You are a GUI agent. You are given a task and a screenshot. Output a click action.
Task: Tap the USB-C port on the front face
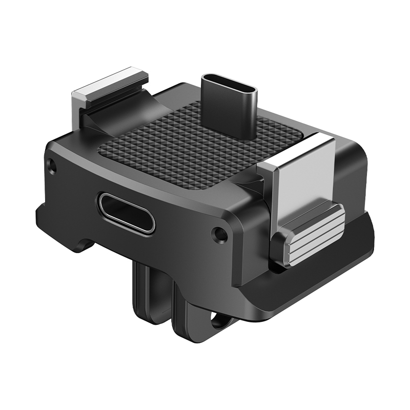[x=127, y=213]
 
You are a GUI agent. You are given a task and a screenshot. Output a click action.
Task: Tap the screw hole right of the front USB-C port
[x=219, y=235]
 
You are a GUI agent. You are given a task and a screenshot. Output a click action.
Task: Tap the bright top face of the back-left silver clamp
[x=109, y=82]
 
